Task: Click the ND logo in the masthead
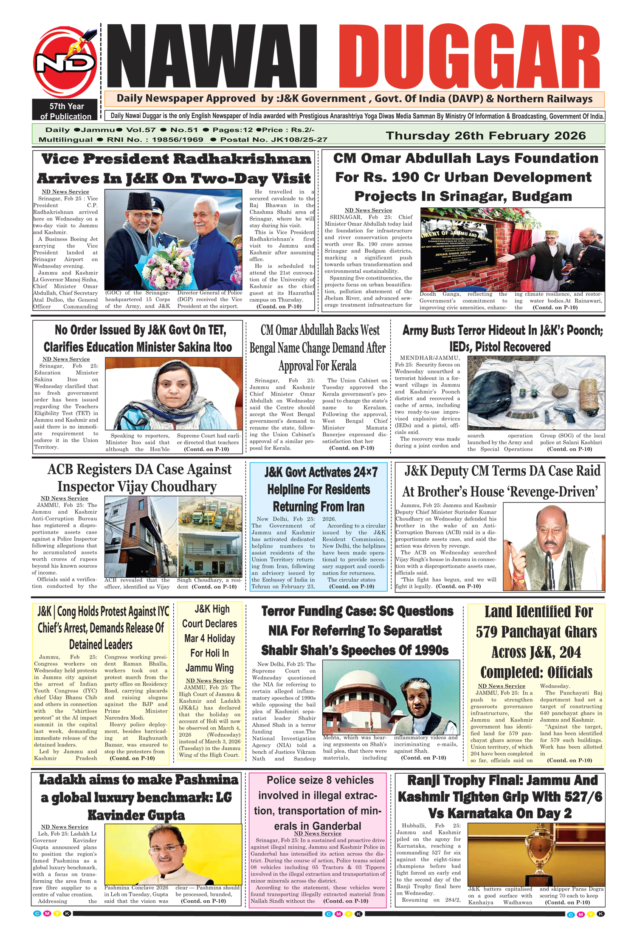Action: pyautogui.click(x=65, y=63)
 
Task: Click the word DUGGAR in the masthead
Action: pyautogui.click(x=469, y=56)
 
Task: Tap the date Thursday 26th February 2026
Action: pyautogui.click(x=485, y=136)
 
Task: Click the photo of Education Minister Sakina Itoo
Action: pyautogui.click(x=173, y=393)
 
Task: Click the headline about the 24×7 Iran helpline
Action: pyautogui.click(x=318, y=489)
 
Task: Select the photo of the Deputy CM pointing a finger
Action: pyautogui.click(x=553, y=546)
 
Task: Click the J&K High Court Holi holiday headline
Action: pyautogui.click(x=209, y=638)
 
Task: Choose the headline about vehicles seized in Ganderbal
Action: pyautogui.click(x=318, y=803)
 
